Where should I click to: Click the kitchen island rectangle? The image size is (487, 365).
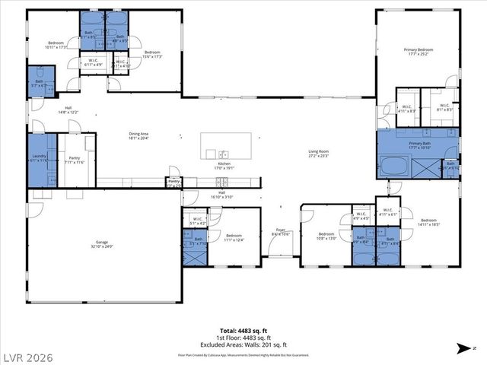(225, 144)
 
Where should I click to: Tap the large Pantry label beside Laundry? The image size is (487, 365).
(74, 160)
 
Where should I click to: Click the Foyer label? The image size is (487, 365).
(281, 233)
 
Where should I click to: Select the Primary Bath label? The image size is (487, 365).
(420, 145)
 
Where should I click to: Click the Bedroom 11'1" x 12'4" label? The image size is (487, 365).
(234, 237)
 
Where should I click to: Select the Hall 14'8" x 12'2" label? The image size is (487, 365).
(68, 111)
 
